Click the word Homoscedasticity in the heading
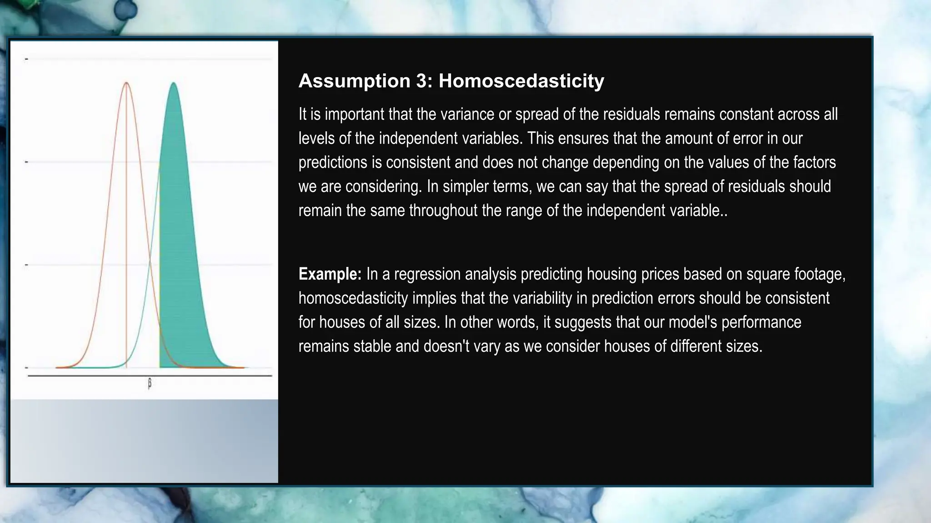[521, 81]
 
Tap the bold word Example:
[330, 274]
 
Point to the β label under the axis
[150, 384]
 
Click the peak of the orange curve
[126, 83]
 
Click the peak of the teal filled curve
[174, 84]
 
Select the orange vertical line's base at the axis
[126, 367]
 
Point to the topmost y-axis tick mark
[26, 59]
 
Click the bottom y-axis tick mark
[26, 367]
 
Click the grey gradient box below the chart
[144, 440]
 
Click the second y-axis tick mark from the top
[26, 162]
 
